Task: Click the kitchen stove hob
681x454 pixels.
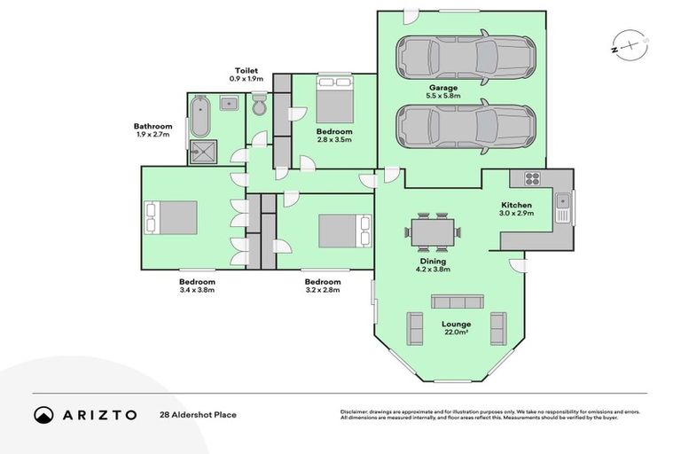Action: tap(533, 178)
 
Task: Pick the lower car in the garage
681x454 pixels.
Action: tap(465, 125)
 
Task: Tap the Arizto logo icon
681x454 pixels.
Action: tap(44, 415)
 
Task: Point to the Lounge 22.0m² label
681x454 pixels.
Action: tap(457, 328)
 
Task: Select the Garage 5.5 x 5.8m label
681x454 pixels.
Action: tap(443, 92)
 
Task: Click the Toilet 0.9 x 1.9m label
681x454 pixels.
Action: tap(247, 74)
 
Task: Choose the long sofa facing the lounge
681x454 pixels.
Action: tap(457, 301)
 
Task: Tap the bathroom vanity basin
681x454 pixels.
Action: tap(228, 104)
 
